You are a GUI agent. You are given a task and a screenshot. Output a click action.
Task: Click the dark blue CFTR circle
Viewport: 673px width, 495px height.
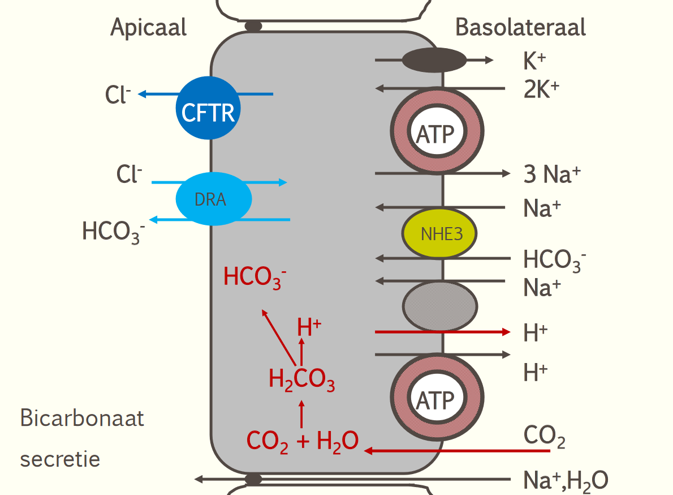click(208, 108)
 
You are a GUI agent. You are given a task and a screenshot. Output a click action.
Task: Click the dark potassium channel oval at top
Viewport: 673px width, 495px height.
click(434, 60)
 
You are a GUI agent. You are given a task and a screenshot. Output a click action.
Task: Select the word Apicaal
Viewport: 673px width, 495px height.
click(148, 27)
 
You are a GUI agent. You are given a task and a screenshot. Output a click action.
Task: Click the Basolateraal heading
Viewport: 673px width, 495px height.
click(520, 27)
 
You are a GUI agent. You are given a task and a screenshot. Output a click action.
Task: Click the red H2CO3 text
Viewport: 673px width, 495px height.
click(301, 380)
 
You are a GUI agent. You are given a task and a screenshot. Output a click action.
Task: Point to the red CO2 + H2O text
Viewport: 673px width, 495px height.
click(303, 441)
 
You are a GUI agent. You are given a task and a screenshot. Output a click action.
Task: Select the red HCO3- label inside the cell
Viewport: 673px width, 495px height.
click(254, 277)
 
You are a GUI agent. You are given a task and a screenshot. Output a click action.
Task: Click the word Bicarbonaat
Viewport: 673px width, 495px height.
click(82, 419)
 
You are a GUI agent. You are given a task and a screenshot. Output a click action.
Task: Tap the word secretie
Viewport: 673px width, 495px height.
click(60, 458)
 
